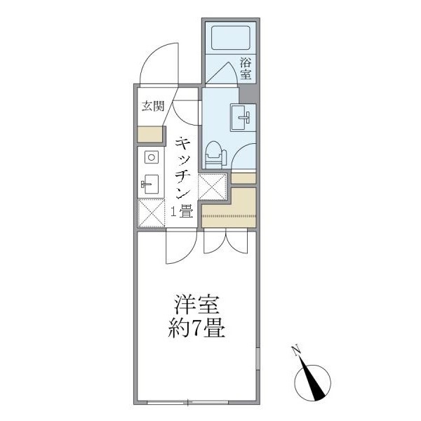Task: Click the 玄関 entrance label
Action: [152, 107]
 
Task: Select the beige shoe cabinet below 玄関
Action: [149, 133]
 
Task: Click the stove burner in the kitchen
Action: [150, 157]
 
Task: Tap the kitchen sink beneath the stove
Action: [149, 185]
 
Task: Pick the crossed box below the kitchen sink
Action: [149, 214]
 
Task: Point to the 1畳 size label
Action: [181, 211]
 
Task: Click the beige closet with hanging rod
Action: [229, 208]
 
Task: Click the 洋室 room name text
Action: [199, 307]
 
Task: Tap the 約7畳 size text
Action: [199, 329]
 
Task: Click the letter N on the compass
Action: [298, 351]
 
